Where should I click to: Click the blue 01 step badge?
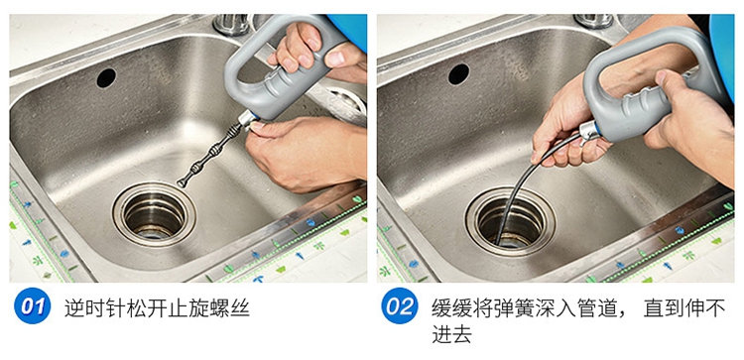33,305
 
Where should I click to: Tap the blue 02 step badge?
400,305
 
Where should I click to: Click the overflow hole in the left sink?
106,77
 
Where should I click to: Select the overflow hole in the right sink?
459,74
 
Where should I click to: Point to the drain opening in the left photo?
154,214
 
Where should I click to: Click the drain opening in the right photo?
510,221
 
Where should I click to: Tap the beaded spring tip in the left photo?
209,155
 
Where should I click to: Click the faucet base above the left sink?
231,24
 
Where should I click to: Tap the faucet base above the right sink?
593,21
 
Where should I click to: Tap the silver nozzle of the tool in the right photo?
590,131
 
